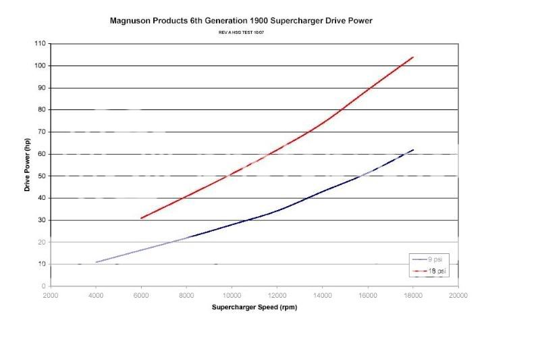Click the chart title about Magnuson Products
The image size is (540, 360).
241,21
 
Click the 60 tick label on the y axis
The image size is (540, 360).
42,154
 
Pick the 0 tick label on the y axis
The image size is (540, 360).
44,286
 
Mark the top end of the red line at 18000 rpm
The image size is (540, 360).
413,57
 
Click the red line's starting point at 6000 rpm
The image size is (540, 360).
141,218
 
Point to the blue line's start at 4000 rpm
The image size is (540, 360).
96,262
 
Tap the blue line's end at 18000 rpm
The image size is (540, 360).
413,150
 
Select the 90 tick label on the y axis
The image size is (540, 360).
42,88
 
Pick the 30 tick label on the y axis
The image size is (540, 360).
42,220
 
